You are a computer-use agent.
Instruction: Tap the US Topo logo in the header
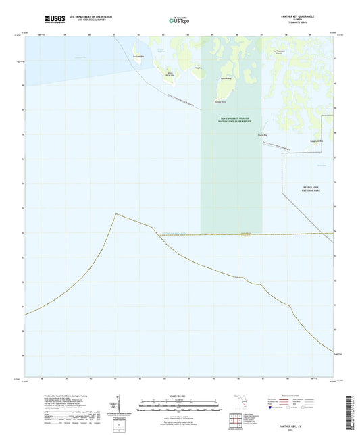pos(180,21)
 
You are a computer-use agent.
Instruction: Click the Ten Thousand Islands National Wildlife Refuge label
pos(230,119)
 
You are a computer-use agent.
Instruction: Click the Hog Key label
pos(198,68)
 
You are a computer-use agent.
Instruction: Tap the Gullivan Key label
pos(138,56)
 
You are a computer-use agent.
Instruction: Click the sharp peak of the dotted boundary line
pos(115,213)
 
